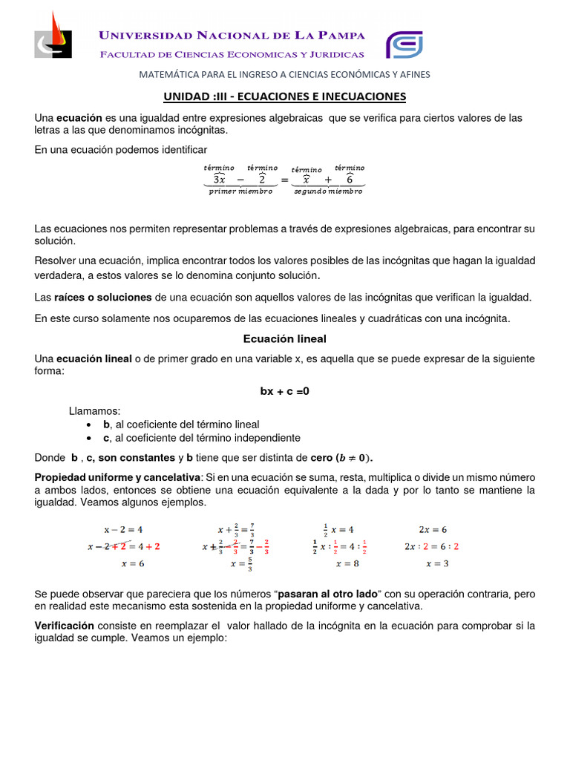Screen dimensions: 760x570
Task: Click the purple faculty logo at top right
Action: pyautogui.click(x=404, y=45)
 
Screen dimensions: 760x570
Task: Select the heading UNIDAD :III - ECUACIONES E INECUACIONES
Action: pyautogui.click(x=284, y=96)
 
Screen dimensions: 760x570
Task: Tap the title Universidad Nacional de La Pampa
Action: pyautogui.click(x=232, y=36)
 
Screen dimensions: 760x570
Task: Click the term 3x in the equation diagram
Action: pyautogui.click(x=219, y=179)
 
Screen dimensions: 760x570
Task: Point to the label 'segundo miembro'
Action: pyautogui.click(x=328, y=191)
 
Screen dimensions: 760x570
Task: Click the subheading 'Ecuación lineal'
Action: pyautogui.click(x=285, y=338)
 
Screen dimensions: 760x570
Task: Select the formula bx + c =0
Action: pyautogui.click(x=284, y=391)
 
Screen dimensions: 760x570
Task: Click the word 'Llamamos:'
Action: pyautogui.click(x=94, y=410)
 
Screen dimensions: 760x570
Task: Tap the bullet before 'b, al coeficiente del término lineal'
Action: pyautogui.click(x=89, y=425)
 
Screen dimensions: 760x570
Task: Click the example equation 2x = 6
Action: pyautogui.click(x=433, y=529)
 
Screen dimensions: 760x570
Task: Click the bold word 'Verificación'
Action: pyautogui.click(x=65, y=626)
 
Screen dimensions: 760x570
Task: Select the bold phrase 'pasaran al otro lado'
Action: pyautogui.click(x=329, y=594)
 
